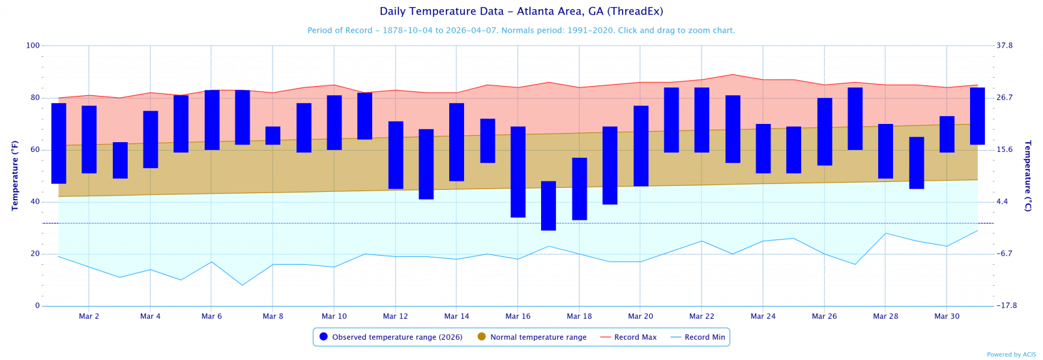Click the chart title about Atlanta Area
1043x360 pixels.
click(521, 12)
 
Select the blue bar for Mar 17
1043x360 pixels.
click(548, 205)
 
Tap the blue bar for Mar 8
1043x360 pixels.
click(272, 136)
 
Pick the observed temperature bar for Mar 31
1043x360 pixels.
click(977, 116)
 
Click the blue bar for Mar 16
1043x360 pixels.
click(518, 172)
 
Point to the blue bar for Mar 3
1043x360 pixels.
click(120, 160)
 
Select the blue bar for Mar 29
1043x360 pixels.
click(916, 163)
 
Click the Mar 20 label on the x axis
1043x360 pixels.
click(640, 316)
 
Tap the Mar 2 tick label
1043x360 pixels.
click(89, 316)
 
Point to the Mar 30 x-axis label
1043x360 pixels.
click(947, 316)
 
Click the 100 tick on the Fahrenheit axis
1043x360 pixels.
click(33, 46)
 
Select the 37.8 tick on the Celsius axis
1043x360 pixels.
click(1005, 46)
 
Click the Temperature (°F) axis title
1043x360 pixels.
click(15, 175)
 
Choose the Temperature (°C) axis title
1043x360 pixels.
click(1028, 175)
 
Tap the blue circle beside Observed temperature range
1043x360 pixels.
click(323, 337)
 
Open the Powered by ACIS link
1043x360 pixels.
click(1011, 355)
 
